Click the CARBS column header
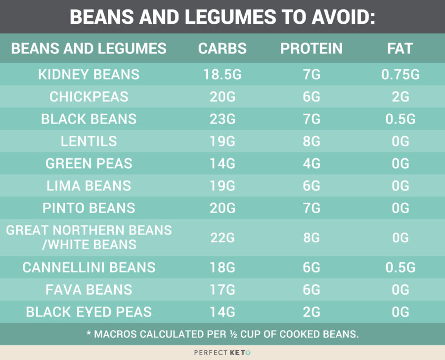click(x=222, y=48)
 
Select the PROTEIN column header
click(x=311, y=48)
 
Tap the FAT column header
click(x=400, y=48)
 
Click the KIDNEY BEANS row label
click(x=89, y=75)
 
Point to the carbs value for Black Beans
click(x=222, y=119)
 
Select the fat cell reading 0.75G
click(x=400, y=75)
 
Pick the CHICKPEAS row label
click(x=89, y=97)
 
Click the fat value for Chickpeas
click(x=400, y=97)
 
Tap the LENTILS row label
click(x=89, y=141)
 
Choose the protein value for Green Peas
click(x=311, y=164)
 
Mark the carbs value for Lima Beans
click(x=222, y=186)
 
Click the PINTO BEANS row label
click(x=89, y=208)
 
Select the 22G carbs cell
click(x=222, y=238)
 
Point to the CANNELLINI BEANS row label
click(x=89, y=268)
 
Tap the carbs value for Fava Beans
click(x=222, y=290)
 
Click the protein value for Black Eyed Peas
click(x=311, y=312)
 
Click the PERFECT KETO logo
click(x=222, y=353)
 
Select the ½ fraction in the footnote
click(x=234, y=334)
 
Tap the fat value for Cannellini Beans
click(x=400, y=268)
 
